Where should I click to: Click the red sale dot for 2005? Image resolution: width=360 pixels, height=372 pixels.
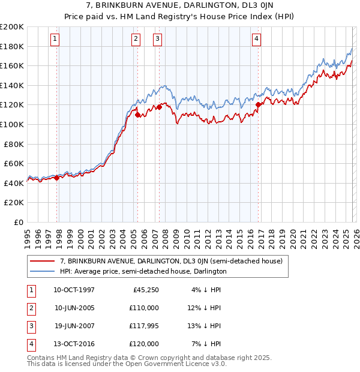(137, 115)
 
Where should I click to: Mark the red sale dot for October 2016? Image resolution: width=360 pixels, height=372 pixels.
(258, 104)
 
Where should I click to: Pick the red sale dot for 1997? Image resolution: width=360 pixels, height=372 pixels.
(57, 178)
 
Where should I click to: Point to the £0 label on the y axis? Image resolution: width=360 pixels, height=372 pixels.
(18, 222)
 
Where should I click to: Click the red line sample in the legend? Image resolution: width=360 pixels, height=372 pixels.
(42, 261)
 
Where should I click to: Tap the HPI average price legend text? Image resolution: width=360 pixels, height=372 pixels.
(143, 271)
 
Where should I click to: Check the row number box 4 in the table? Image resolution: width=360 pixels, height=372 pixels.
(31, 344)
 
